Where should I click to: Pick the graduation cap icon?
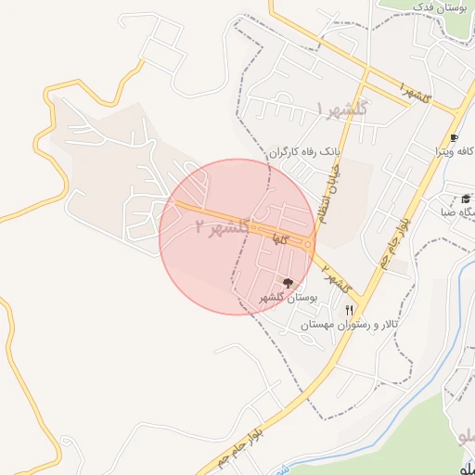pos(466,199)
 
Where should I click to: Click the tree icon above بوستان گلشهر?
pos(288,282)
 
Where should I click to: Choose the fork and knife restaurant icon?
pos(349,310)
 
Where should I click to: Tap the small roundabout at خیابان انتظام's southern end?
pos(309,245)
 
